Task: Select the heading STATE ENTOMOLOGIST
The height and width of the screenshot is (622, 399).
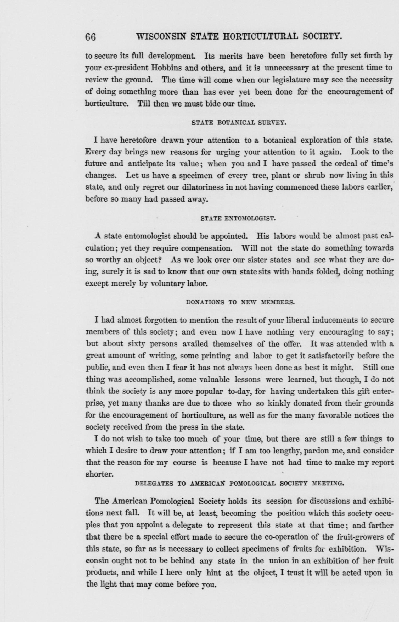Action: tap(238, 218)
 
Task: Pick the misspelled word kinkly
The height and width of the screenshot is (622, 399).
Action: tap(278, 403)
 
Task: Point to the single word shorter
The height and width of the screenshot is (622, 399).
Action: tap(100, 474)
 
